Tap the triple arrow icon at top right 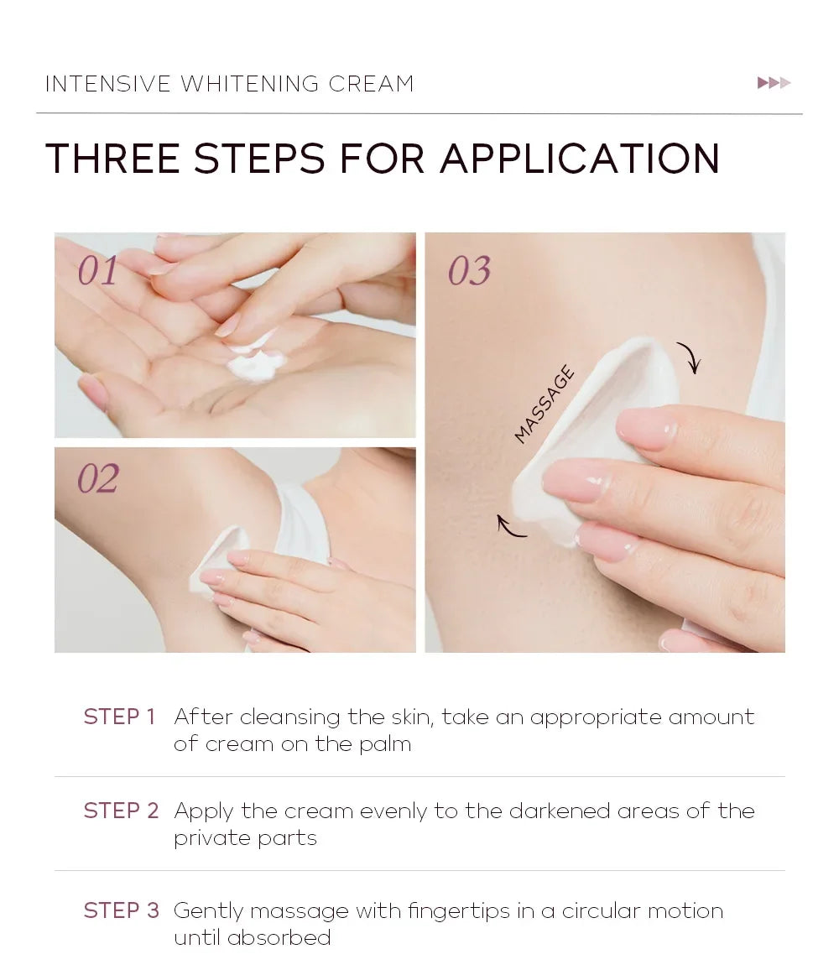[774, 82]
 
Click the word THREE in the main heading [112, 159]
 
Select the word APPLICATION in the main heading [579, 159]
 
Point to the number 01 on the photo [98, 271]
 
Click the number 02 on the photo [98, 478]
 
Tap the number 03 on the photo [469, 271]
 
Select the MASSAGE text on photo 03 [545, 404]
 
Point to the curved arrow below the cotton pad [511, 526]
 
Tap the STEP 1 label [119, 717]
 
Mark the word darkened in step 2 [560, 811]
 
